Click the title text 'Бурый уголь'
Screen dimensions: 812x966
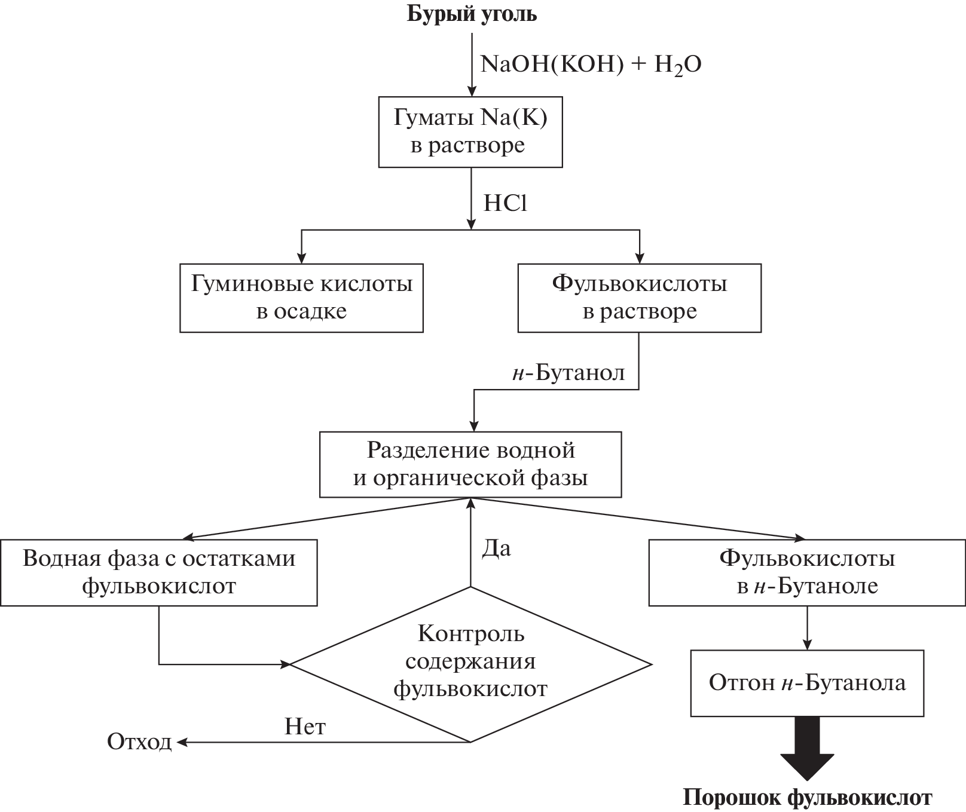pyautogui.click(x=472, y=14)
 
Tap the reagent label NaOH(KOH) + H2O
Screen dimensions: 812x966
pyautogui.click(x=591, y=64)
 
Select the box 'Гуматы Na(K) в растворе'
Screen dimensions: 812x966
pyautogui.click(x=470, y=131)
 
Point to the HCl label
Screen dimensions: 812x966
pyautogui.click(x=505, y=204)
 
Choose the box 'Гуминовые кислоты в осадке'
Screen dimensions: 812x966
pyautogui.click(x=301, y=298)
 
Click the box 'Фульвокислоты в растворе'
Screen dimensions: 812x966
pyautogui.click(x=639, y=298)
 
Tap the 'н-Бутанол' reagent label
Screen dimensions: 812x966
pyautogui.click(x=568, y=373)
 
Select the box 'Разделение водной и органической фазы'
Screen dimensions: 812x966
pyautogui.click(x=470, y=464)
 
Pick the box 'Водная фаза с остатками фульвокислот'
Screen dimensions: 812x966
pyautogui.click(x=158, y=572)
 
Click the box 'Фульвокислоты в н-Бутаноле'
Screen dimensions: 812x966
pyautogui.click(x=807, y=572)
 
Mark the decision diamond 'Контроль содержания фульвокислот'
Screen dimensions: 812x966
pyautogui.click(x=470, y=663)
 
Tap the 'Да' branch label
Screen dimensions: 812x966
pyautogui.click(x=496, y=549)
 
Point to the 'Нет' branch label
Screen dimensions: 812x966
pyautogui.click(x=305, y=727)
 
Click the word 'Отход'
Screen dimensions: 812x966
pyautogui.click(x=139, y=742)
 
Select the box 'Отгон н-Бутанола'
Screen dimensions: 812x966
pyautogui.click(x=807, y=683)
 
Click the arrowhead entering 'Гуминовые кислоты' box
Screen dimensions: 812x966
pyautogui.click(x=301, y=259)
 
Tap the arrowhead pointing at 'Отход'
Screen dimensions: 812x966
pyautogui.click(x=182, y=742)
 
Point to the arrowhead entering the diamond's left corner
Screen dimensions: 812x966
pyautogui.click(x=285, y=663)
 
